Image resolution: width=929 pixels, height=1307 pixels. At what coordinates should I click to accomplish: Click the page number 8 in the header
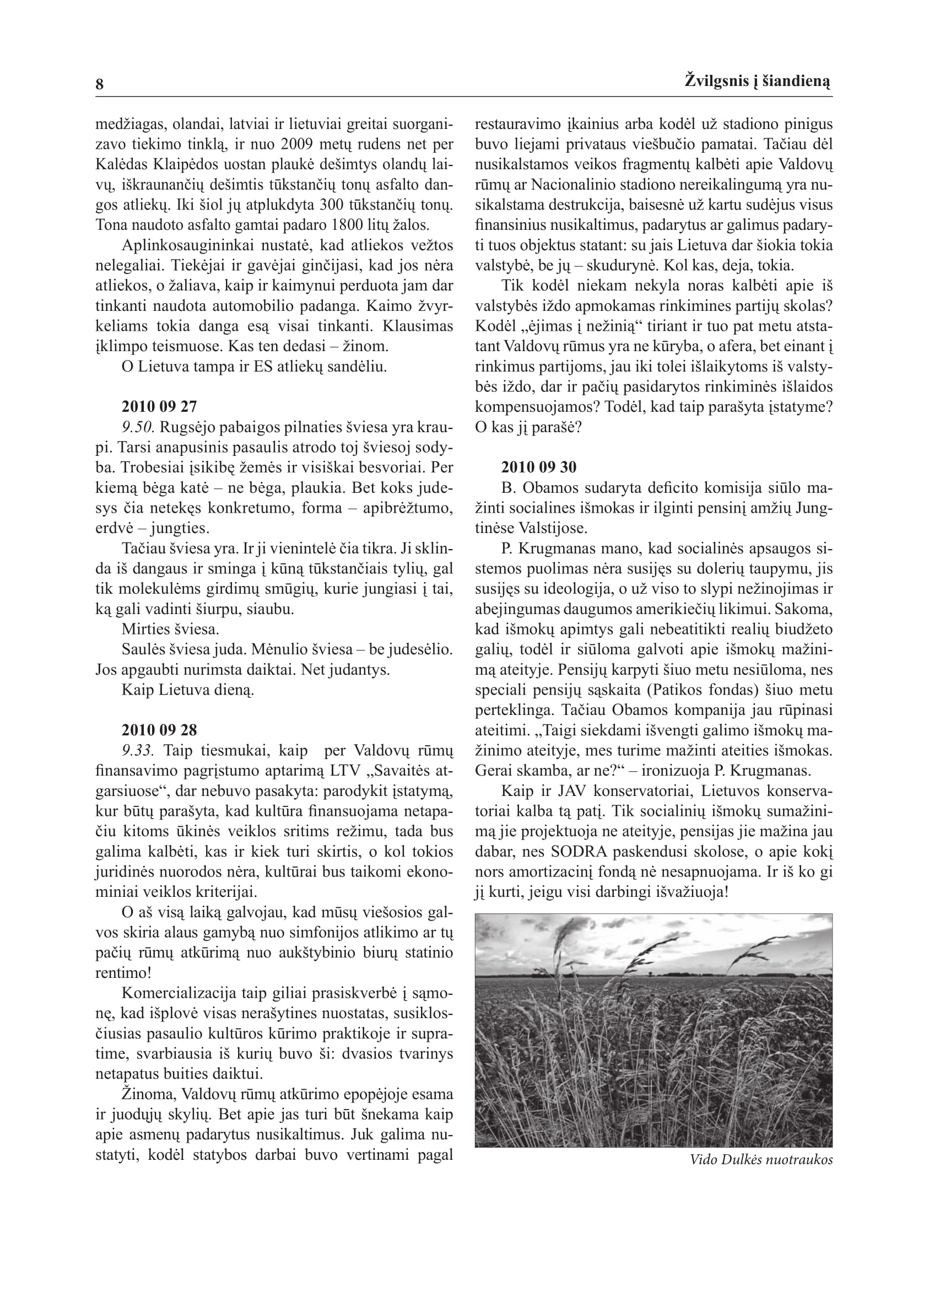coord(100,85)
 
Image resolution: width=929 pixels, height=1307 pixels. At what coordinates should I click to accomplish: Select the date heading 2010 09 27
coord(159,407)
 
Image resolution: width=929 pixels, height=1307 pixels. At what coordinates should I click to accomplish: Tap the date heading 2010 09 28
coord(159,730)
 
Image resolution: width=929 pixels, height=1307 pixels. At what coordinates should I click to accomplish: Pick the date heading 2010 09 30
coord(539,467)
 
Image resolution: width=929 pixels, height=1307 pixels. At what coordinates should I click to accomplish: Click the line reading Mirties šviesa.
coord(170,630)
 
